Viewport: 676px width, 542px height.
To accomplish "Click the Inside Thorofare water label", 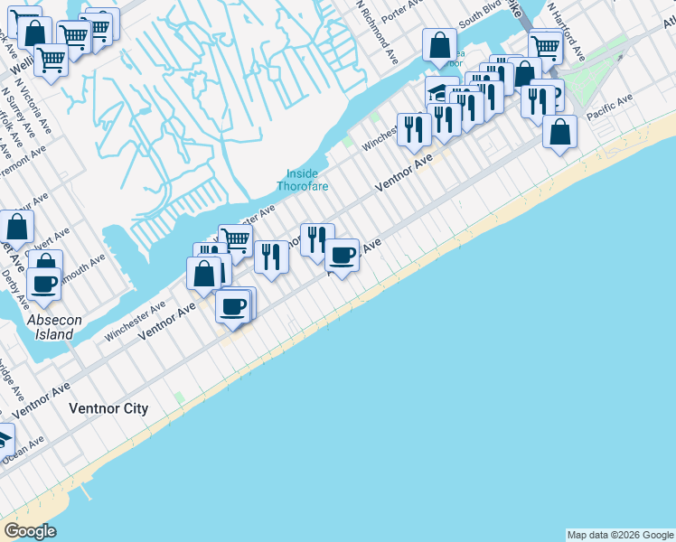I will click(x=302, y=180).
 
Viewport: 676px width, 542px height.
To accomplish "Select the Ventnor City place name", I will click(x=108, y=408).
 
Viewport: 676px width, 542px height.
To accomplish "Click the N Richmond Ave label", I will click(x=376, y=31).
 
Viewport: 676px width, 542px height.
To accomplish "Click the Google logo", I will click(x=29, y=531).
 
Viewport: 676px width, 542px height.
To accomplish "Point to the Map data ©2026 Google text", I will click(x=620, y=535).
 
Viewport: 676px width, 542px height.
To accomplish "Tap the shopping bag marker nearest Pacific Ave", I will click(x=560, y=132).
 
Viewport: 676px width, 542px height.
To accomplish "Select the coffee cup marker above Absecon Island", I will click(x=44, y=283).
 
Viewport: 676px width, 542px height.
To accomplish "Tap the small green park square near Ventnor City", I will click(x=180, y=397).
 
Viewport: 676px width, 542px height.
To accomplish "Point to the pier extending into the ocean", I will click(x=86, y=491).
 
